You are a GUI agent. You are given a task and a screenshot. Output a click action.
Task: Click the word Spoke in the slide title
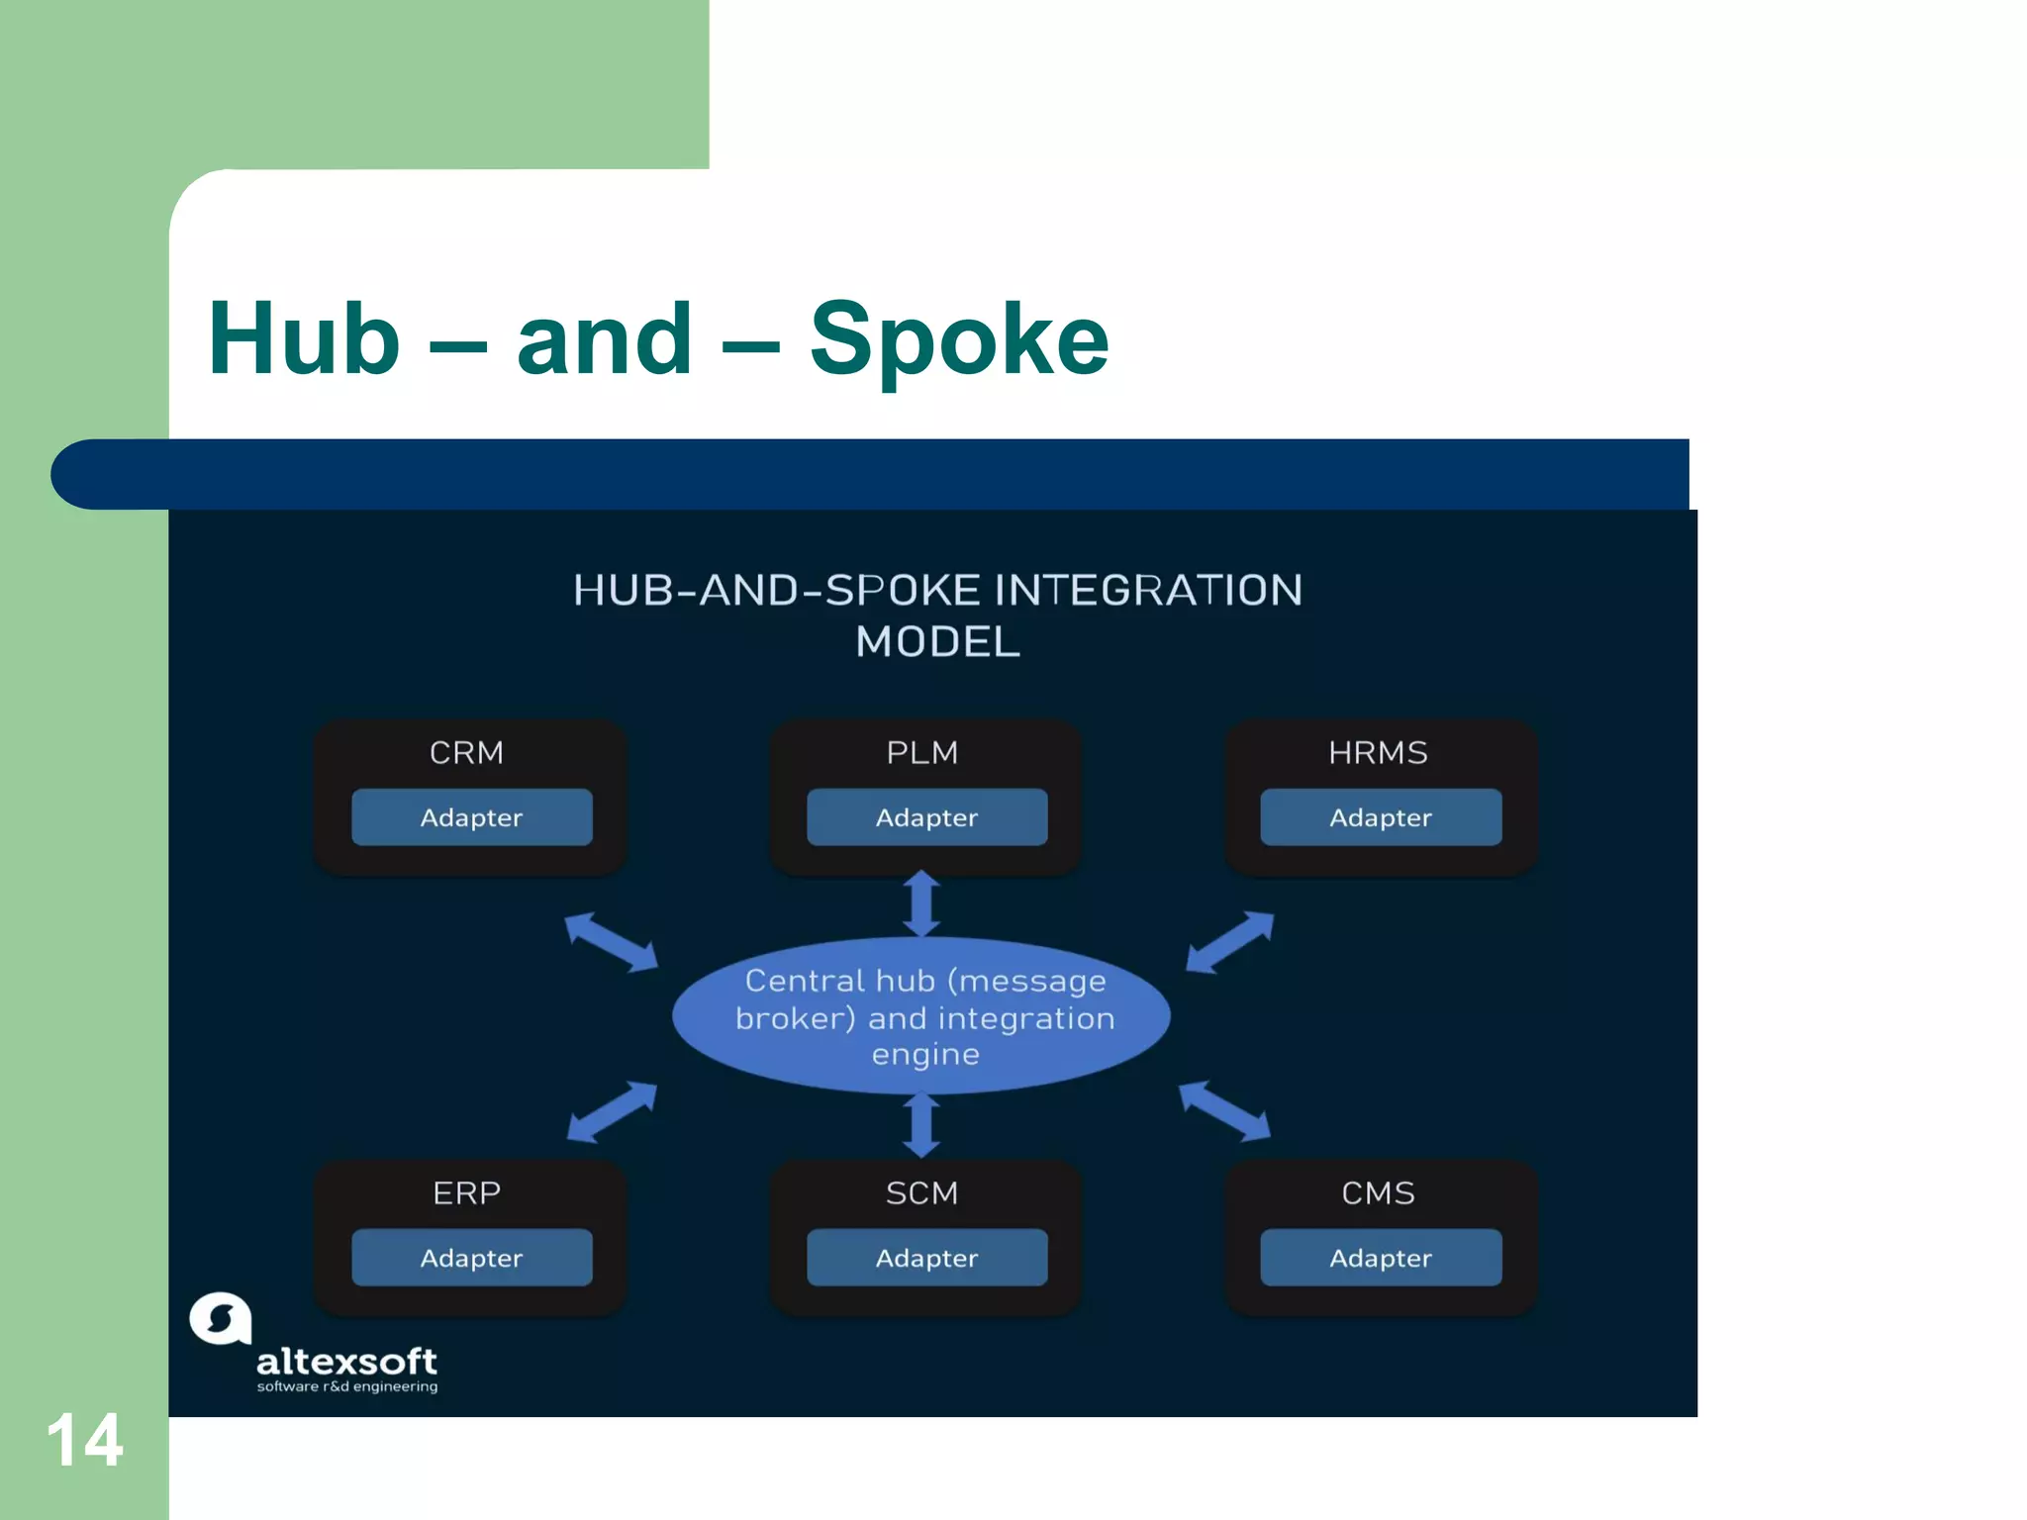pos(958,340)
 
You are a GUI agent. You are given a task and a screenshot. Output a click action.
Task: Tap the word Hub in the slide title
pos(304,340)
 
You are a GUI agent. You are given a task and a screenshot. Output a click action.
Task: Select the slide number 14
pos(84,1440)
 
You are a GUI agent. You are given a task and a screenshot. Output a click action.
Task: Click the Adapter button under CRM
pos(472,817)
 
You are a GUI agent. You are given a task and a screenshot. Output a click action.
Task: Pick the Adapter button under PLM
pos(926,817)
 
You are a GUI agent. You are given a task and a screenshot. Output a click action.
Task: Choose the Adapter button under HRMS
pos(1381,817)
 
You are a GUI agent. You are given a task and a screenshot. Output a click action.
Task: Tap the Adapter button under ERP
pos(472,1258)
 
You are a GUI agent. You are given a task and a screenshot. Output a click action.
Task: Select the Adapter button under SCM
pos(926,1258)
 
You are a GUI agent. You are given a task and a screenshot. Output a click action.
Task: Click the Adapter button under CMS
pos(1381,1258)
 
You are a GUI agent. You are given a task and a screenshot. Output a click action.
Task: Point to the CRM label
pos(466,753)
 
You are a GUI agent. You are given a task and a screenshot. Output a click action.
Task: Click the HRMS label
pos(1378,753)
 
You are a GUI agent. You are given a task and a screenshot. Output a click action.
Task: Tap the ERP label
pos(466,1193)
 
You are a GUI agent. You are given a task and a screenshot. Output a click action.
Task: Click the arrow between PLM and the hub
pos(921,903)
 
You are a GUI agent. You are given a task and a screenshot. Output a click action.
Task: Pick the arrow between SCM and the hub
pos(921,1125)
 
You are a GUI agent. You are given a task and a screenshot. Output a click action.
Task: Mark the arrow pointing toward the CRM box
pos(611,941)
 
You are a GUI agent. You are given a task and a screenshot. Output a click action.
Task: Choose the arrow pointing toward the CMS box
pos(1224,1110)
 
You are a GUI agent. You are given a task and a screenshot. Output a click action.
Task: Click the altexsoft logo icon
pos(220,1319)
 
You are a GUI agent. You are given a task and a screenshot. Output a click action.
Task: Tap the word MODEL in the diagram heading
pos(937,642)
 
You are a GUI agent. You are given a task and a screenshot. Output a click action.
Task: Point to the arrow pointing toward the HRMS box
pos(1229,941)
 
